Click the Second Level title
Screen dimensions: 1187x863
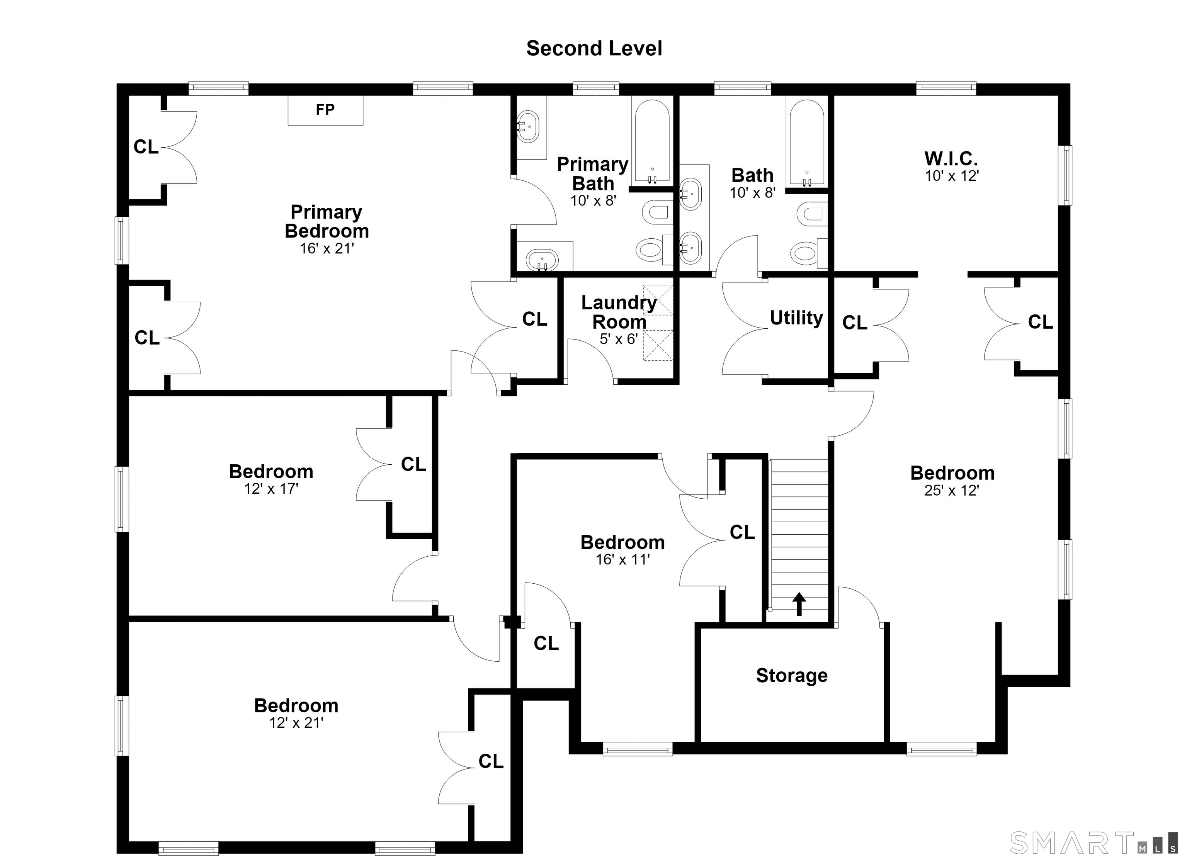(x=594, y=48)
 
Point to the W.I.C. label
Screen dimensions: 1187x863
(x=951, y=158)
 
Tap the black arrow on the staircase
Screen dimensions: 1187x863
(x=799, y=604)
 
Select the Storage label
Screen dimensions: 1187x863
(x=792, y=676)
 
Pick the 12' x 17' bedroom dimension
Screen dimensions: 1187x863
(x=271, y=489)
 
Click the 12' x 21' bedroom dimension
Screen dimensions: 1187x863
(x=296, y=723)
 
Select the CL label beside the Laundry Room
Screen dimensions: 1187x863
(x=535, y=319)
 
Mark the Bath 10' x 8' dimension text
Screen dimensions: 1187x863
(x=753, y=193)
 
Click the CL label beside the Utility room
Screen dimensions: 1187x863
(x=855, y=323)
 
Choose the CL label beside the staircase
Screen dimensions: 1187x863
(x=742, y=532)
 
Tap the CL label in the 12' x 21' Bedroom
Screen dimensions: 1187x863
(x=491, y=761)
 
